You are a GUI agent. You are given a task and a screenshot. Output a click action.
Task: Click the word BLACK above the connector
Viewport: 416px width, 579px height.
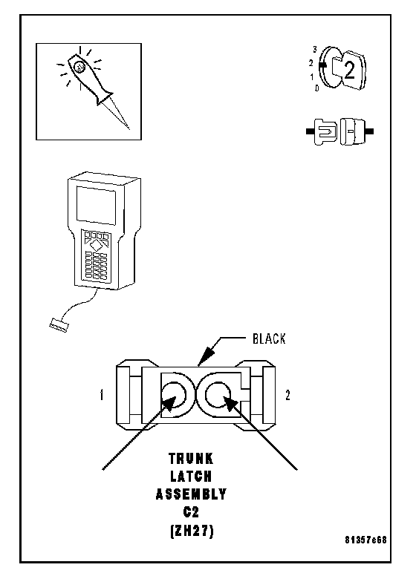[269, 338]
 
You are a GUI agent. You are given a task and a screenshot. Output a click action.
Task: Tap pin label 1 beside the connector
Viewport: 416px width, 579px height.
[102, 395]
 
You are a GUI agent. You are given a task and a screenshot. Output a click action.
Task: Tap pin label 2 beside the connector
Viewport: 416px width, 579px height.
[287, 395]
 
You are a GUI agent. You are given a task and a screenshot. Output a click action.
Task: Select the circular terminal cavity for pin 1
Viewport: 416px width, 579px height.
[175, 395]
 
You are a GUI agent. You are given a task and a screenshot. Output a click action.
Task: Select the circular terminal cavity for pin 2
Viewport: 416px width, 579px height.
[218, 395]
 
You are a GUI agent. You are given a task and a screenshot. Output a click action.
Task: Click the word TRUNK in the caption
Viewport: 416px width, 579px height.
[191, 459]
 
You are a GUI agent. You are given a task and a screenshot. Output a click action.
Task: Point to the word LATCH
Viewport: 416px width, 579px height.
[191, 477]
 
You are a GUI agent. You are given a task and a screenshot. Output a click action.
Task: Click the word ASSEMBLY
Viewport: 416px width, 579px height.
[191, 494]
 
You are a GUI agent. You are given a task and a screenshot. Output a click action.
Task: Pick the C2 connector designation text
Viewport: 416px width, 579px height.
[191, 511]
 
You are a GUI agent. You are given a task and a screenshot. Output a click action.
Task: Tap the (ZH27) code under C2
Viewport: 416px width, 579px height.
[192, 531]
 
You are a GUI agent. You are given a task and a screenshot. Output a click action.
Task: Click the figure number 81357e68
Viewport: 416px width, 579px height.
[365, 540]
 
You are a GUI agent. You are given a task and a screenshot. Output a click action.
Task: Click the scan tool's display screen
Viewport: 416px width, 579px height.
[96, 206]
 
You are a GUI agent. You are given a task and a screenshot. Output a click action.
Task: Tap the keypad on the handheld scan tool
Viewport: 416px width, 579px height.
[96, 255]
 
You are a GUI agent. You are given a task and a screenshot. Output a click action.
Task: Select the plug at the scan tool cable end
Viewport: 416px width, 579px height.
[59, 325]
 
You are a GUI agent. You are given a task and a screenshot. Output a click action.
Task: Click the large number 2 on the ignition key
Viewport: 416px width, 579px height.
[349, 71]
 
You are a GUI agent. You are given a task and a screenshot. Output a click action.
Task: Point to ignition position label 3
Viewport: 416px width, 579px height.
[315, 49]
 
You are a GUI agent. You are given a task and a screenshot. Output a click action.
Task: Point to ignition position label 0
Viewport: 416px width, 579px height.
[316, 88]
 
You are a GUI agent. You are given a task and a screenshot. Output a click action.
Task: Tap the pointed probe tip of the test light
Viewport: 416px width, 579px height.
[129, 128]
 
